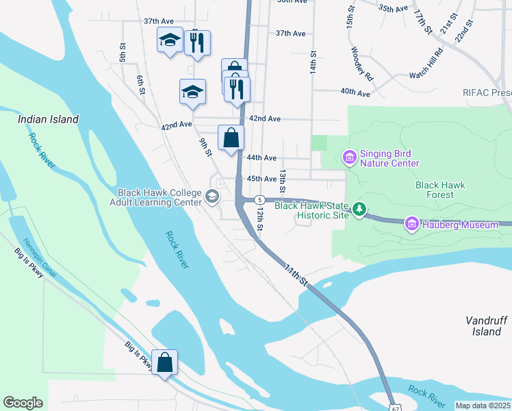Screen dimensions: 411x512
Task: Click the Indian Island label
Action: [48, 119]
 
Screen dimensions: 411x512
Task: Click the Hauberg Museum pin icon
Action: [411, 224]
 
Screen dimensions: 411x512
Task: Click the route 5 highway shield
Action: [259, 199]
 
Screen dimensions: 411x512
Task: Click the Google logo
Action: [23, 403]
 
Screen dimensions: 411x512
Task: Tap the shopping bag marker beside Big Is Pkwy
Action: [165, 363]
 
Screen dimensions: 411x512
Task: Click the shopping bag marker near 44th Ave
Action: [231, 137]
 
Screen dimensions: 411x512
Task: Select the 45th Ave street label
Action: [261, 179]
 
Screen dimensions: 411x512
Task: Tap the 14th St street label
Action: [313, 62]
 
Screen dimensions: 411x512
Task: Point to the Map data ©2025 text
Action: [483, 406]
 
